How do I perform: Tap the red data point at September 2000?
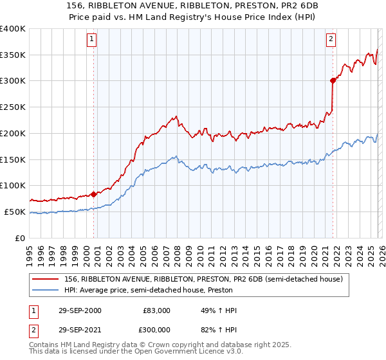tap(94, 194)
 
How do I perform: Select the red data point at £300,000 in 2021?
tap(333, 80)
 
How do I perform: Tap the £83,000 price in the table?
tap(156, 310)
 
